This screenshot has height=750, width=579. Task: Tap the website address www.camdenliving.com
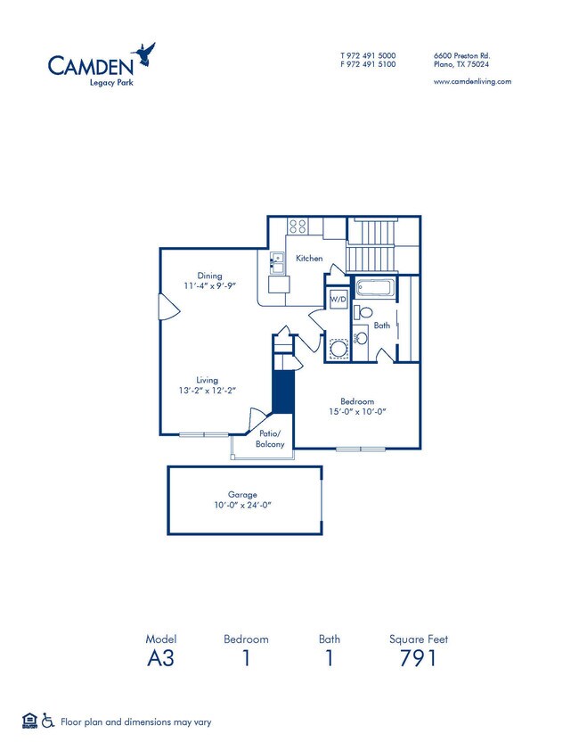click(471, 81)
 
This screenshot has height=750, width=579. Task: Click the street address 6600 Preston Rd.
click(461, 55)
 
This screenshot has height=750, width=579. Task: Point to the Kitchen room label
click(309, 259)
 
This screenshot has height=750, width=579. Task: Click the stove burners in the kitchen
click(298, 227)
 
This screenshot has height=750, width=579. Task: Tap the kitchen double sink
click(277, 263)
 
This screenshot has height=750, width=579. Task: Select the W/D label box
click(338, 300)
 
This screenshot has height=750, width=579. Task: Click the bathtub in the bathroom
click(373, 289)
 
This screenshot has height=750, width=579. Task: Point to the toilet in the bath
click(363, 313)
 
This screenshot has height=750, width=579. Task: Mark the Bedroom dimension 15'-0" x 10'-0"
click(356, 412)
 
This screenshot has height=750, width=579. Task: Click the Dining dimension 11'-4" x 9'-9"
click(210, 286)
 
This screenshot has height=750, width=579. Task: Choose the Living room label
click(207, 380)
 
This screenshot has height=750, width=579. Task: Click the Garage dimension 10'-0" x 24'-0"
click(241, 505)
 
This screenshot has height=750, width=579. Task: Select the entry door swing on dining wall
click(167, 307)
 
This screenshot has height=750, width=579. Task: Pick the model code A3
click(160, 660)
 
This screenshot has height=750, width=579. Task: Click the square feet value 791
click(418, 660)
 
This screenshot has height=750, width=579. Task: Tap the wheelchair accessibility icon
click(48, 721)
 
